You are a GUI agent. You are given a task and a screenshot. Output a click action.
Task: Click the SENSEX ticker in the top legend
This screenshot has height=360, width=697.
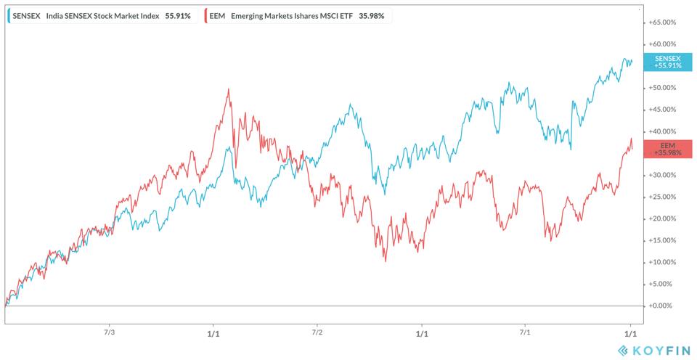click(27, 15)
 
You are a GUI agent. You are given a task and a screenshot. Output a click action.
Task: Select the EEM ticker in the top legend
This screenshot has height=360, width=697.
click(218, 15)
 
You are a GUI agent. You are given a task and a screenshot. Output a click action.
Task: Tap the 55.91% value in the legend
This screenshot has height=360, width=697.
click(178, 15)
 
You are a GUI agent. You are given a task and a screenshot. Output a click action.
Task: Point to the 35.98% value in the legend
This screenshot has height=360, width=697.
click(370, 15)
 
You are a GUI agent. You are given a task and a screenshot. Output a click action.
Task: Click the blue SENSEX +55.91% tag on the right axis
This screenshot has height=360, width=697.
click(667, 62)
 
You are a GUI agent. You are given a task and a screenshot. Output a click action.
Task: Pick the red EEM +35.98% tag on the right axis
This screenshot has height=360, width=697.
click(667, 149)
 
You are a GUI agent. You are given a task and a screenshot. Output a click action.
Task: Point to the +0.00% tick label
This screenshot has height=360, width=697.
click(662, 306)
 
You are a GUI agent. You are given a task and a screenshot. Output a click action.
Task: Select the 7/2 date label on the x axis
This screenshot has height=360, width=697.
click(317, 332)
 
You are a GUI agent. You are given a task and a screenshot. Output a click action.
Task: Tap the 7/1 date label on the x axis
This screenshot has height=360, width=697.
click(525, 332)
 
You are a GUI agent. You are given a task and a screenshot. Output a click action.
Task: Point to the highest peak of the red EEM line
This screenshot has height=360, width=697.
click(229, 89)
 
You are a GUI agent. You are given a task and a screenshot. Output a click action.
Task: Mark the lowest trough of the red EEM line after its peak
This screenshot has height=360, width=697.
click(386, 261)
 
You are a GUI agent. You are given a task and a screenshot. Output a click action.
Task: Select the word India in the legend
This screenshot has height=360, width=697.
click(54, 15)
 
